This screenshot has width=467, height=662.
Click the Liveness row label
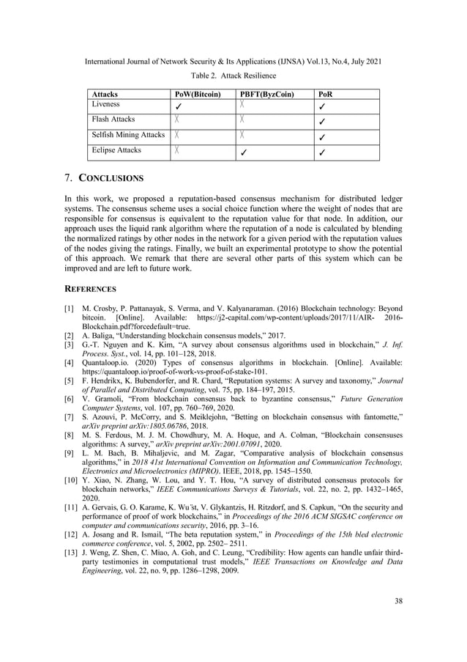pos(106,106)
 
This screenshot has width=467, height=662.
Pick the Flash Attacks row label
pos(113,119)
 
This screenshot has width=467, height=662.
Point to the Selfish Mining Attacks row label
pos(128,135)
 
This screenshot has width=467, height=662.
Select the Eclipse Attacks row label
pos(116,150)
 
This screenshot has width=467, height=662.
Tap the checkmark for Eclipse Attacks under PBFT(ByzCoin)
pos(244,154)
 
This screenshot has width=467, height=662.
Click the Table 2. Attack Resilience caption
pos(233,76)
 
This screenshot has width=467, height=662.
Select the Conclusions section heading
pos(110,178)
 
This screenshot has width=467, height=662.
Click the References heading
pos(91,289)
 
